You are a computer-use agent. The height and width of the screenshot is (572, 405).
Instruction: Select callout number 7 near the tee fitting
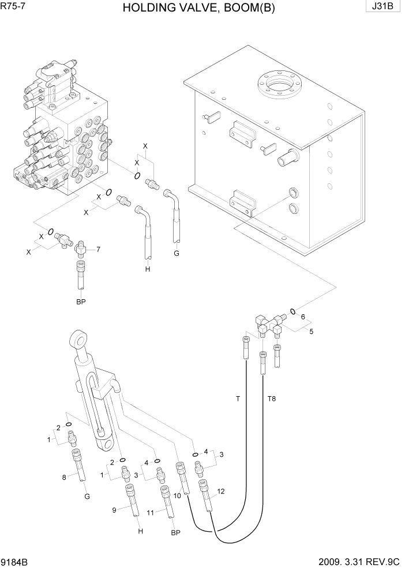point(98,250)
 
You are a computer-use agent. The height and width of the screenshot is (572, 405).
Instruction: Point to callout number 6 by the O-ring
point(302,317)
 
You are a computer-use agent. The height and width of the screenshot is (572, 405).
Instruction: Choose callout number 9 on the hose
point(115,509)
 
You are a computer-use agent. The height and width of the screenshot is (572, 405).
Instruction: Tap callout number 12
point(221,492)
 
